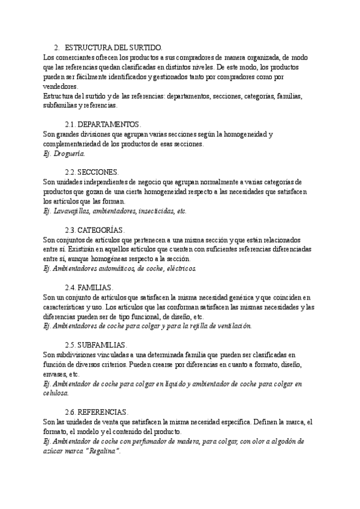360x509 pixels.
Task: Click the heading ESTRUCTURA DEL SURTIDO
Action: click(x=113, y=47)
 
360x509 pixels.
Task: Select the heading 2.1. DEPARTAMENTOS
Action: click(x=102, y=124)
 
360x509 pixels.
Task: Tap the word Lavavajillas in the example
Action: click(x=73, y=211)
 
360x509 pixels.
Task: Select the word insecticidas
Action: click(x=157, y=211)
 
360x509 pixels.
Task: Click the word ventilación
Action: click(x=232, y=326)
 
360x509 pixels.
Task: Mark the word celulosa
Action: click(x=56, y=393)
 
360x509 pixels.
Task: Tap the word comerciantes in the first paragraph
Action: click(x=75, y=57)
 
